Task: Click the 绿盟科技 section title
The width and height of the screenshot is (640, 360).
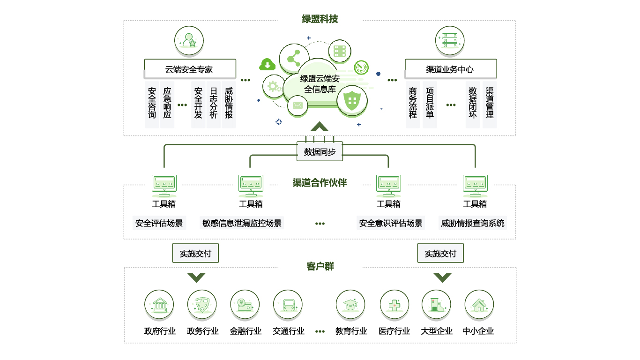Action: pos(320,19)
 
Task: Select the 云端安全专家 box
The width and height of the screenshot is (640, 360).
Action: pos(189,69)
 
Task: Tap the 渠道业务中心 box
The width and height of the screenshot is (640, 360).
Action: pos(450,69)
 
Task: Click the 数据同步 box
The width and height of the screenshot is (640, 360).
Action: pos(320,152)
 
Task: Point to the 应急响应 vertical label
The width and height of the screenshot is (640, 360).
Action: pos(167,103)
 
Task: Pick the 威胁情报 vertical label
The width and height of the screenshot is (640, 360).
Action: pos(229,103)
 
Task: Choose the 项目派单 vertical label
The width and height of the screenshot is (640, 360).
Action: pos(430,103)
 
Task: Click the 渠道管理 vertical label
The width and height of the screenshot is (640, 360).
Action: pos(490,103)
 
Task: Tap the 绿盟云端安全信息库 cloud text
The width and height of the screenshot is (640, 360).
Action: pos(320,84)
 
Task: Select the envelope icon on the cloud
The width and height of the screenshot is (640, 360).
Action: pos(297,105)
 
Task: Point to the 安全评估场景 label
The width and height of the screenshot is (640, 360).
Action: pos(159,223)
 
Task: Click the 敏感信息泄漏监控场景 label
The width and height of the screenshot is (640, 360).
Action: pos(242,223)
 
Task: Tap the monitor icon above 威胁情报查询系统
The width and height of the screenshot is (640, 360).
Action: pos(475,186)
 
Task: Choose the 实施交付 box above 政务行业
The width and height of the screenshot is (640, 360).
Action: pos(195,254)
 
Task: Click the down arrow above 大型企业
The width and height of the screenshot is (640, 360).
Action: pos(442,277)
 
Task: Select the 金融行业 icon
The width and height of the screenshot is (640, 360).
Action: pos(245,304)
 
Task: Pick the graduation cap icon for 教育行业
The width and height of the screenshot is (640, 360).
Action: pos(350,304)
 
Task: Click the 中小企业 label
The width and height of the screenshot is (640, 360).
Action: pos(478,331)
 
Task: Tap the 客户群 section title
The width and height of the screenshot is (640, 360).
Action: pos(320,267)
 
